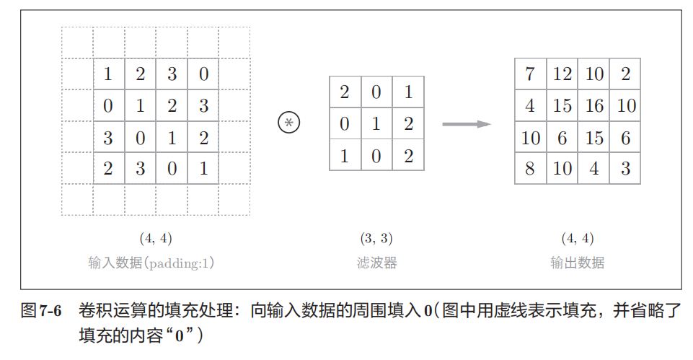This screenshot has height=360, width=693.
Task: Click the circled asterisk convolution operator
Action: point(288,123)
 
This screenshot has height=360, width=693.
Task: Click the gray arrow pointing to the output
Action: point(466,124)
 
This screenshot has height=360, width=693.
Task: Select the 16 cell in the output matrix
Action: point(594,106)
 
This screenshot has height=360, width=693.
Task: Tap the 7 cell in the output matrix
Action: point(531,74)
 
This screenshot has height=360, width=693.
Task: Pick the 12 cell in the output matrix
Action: point(562,74)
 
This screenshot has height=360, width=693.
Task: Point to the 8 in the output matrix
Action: point(531,169)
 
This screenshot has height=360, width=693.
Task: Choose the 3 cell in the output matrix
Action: point(625,169)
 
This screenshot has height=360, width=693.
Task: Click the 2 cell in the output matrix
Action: point(625,74)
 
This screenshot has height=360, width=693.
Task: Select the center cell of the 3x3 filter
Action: point(376,123)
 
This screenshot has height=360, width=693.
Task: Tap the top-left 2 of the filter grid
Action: point(345,92)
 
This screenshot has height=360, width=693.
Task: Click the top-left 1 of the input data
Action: point(108,74)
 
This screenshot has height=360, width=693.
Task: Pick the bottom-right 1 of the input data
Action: point(203,169)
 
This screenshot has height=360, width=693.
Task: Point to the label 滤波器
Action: point(376,263)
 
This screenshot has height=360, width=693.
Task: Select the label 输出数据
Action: point(577,263)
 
